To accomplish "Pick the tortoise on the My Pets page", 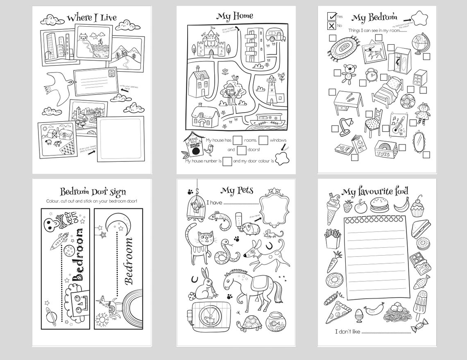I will [249, 323].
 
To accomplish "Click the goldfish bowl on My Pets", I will [274, 322].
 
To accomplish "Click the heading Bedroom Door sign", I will [93, 191].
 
